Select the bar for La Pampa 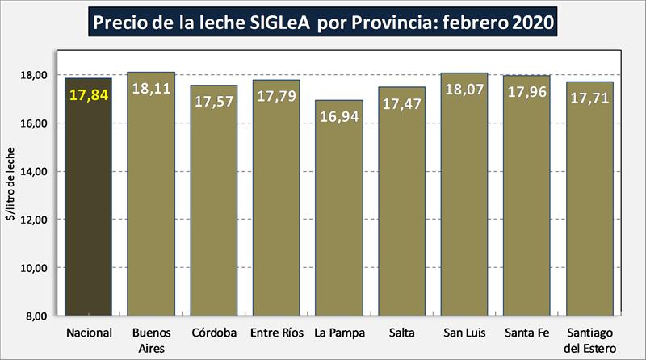tap(339, 218)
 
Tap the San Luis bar tap(464, 202)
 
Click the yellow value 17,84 tap(89, 96)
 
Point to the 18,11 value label tap(151, 90)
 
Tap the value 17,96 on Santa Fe tap(527, 92)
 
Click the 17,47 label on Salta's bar tap(401, 103)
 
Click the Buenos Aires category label tap(150, 338)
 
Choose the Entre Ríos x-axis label tap(276, 333)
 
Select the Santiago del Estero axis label tap(589, 338)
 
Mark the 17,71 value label tap(589, 98)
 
